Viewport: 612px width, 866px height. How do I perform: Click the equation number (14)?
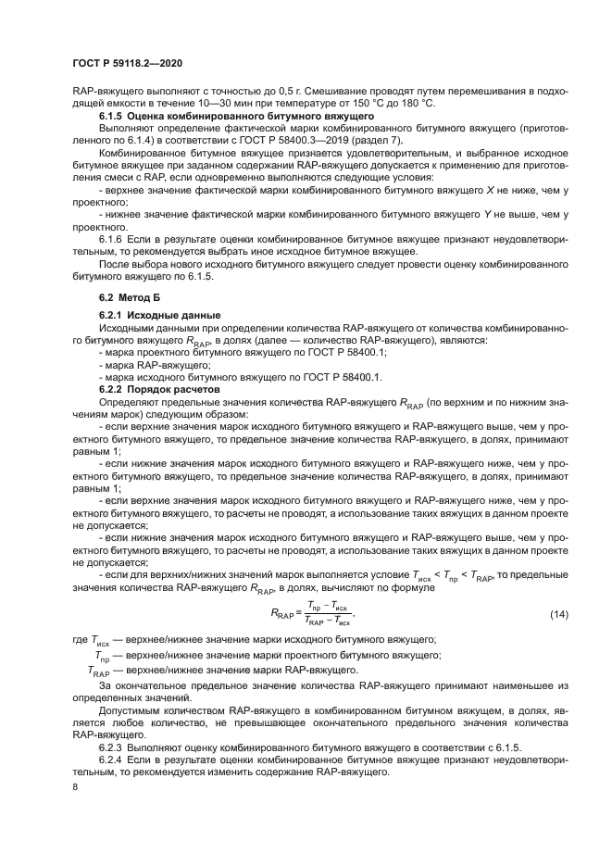[x=558, y=615]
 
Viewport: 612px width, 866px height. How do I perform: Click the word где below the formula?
[x=81, y=641]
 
